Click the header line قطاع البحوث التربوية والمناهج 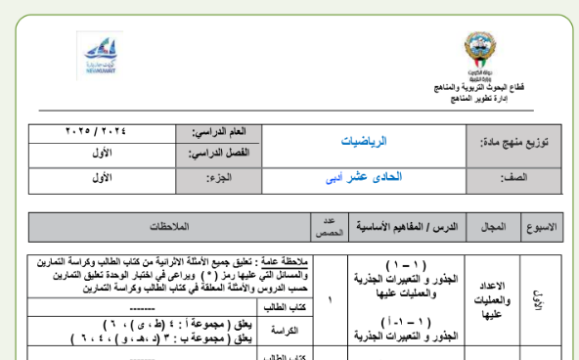point(475,89)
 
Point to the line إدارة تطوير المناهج point(475,99)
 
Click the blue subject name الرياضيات point(368,142)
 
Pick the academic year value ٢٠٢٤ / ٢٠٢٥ point(103,131)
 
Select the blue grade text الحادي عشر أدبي point(366,180)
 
